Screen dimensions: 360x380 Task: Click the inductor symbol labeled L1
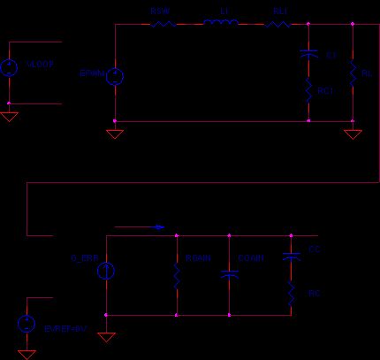click(220, 24)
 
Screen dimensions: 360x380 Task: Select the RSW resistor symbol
click(163, 24)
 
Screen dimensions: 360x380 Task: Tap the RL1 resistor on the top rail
click(278, 24)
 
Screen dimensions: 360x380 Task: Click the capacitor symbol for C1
click(308, 54)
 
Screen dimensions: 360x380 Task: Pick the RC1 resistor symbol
click(308, 89)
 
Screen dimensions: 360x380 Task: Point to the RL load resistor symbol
click(353, 73)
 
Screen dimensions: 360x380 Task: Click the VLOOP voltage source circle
click(9, 68)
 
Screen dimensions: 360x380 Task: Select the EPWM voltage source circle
click(115, 77)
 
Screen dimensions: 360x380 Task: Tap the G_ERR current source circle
click(105, 271)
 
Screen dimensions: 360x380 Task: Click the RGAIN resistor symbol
click(177, 276)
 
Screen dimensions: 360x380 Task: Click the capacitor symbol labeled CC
click(291, 257)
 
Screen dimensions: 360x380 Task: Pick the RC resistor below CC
click(291, 293)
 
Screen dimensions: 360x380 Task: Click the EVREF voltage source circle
click(27, 324)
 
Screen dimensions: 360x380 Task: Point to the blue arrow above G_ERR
click(140, 227)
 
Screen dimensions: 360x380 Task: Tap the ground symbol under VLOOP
click(9, 116)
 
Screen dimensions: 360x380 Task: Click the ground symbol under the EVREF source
click(27, 353)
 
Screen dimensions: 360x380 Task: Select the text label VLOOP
click(39, 64)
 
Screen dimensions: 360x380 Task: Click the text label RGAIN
click(199, 258)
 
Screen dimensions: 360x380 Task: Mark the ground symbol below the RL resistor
click(353, 134)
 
